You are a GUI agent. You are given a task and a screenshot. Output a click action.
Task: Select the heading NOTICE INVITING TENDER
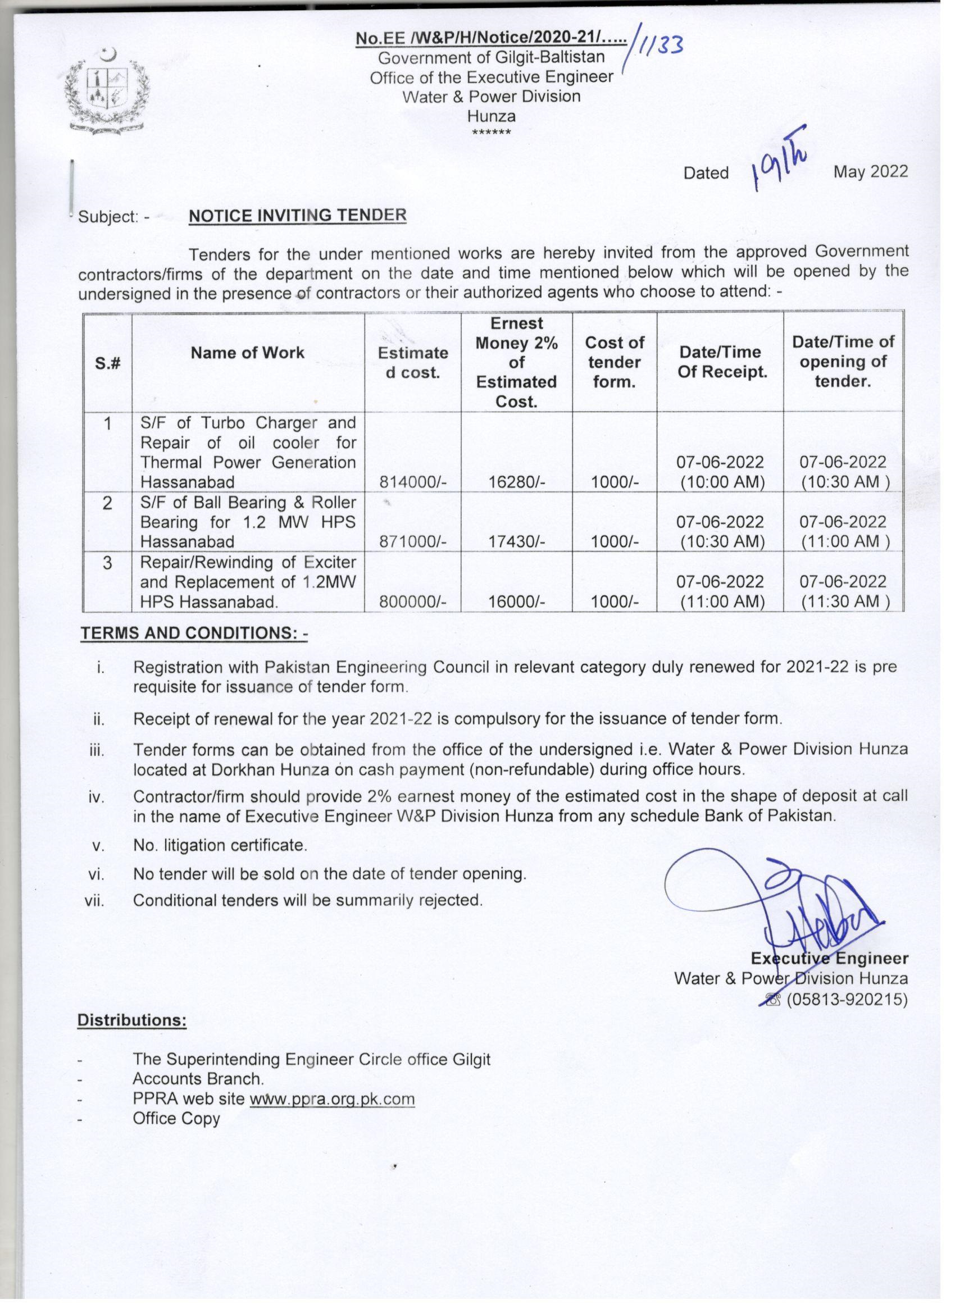[298, 215]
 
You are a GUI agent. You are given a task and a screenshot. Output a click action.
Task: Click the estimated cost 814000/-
[412, 482]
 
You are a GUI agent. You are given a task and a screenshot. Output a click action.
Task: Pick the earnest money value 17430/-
[517, 542]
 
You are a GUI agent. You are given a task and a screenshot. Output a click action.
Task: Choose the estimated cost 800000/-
[412, 602]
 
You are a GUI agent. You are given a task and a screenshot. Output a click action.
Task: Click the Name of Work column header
[247, 353]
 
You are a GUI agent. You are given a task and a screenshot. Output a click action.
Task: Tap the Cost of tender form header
[614, 362]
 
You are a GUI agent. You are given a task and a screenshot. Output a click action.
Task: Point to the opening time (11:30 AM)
[845, 602]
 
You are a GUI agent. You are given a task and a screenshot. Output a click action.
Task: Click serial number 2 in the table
[107, 503]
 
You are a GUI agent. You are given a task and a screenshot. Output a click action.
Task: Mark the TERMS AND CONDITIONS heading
[194, 633]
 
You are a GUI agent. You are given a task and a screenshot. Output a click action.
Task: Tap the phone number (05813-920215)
[846, 1000]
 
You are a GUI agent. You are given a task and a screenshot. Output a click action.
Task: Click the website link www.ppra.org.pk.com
[332, 1099]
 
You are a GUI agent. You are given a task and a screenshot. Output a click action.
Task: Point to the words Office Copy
[176, 1119]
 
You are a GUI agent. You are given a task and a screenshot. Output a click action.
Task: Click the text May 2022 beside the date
[870, 171]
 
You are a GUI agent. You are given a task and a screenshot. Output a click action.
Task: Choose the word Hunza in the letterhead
[491, 116]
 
